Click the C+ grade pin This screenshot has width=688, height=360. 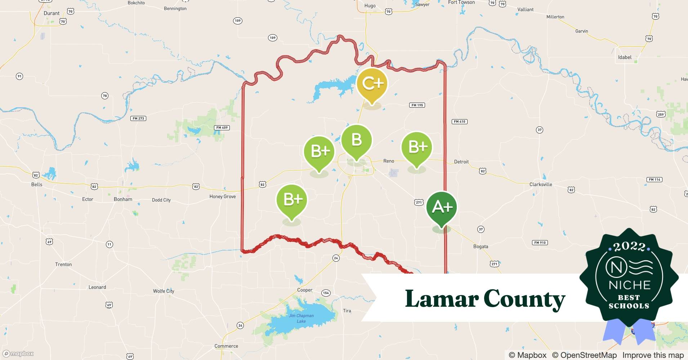[372, 84]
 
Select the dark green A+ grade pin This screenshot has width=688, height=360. [442, 207]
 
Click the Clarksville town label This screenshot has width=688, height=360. [540, 184]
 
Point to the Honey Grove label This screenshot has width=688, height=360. [223, 197]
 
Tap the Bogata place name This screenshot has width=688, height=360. [481, 247]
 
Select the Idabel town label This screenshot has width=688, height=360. [625, 57]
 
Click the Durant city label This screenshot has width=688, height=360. [52, 13]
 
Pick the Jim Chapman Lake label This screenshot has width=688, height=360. [301, 318]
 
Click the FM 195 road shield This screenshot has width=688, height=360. [417, 105]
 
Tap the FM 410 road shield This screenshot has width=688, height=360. [459, 122]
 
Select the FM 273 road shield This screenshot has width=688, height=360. [138, 118]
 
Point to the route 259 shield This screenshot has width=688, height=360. [660, 114]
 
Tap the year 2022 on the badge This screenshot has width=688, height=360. [629, 247]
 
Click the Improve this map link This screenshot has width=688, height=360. [653, 355]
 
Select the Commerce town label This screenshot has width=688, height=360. [226, 346]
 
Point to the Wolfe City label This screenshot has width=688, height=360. [164, 291]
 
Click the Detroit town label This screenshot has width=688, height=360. [461, 162]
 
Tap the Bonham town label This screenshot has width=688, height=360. [123, 199]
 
